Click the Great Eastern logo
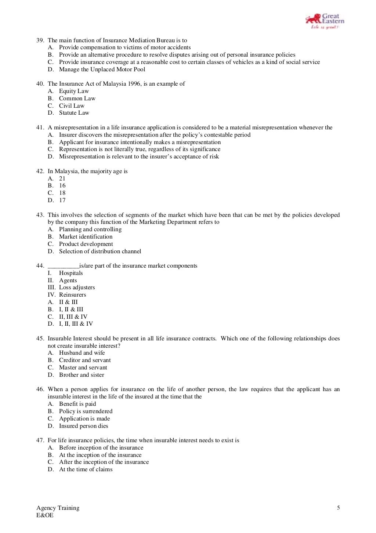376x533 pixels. pos(325,21)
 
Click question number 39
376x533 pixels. pos(40,40)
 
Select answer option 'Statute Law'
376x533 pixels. pos(74,113)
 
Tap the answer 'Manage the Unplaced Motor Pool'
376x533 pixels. pos(102,69)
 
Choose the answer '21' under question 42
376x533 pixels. pos(62,179)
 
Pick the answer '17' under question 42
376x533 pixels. pos(62,200)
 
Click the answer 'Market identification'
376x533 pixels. pos(86,237)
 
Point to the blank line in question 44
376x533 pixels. pos(63,266)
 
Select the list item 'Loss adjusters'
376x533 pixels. pos(77,287)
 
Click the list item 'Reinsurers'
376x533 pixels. pos(72,295)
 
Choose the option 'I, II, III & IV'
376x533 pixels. pos(76,324)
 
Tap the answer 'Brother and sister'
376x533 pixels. pos(82,375)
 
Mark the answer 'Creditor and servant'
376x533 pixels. pos(85,360)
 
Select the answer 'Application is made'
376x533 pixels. pos(84,419)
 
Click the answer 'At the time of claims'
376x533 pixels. pos(86,469)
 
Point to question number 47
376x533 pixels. pos(40,440)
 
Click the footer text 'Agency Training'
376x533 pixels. pos(58,508)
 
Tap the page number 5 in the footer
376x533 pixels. pos(338,508)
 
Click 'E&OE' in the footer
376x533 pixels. pos(45,515)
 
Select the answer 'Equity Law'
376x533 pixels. pos(74,91)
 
